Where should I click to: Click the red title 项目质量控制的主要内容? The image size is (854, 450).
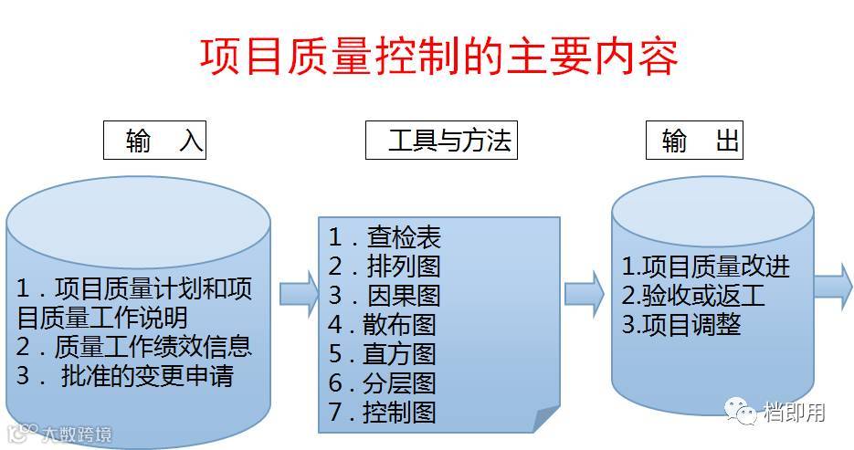[439, 57]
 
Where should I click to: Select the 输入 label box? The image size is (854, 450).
[154, 141]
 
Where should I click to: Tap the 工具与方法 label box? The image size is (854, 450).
[442, 141]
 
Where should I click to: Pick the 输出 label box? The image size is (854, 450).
[693, 141]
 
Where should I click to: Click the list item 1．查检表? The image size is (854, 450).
[385, 237]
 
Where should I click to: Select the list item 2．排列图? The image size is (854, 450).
[385, 267]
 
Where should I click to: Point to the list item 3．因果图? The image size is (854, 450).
[385, 295]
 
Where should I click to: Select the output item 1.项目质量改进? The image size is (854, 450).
[706, 267]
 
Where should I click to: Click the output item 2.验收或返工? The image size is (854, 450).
[693, 296]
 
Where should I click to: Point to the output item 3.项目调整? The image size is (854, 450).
[681, 325]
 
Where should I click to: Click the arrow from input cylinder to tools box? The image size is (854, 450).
[299, 295]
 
